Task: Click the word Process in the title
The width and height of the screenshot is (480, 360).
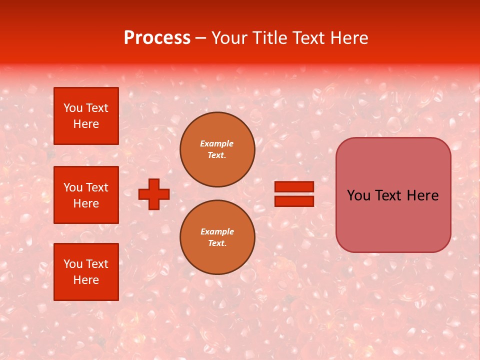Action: [x=157, y=38]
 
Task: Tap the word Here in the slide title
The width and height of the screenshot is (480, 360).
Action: [x=347, y=38]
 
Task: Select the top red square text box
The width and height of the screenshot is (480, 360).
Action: [x=86, y=116]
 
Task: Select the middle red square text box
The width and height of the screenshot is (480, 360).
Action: [x=86, y=195]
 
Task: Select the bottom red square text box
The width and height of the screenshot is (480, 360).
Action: [x=86, y=272]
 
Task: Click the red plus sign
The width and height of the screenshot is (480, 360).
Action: [x=154, y=194]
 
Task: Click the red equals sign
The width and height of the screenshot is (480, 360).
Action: [x=294, y=194]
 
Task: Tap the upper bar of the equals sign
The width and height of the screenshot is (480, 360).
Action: [x=294, y=186]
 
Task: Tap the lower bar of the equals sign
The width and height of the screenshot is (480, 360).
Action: [x=294, y=201]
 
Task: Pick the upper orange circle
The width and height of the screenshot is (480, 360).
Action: [x=217, y=149]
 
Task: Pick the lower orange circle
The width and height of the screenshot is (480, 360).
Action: [x=217, y=237]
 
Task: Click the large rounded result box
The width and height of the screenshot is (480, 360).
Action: [x=393, y=195]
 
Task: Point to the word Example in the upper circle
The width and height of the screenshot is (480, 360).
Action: [x=217, y=143]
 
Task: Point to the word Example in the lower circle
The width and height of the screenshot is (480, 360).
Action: [x=217, y=231]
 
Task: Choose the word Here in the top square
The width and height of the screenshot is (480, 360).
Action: [x=86, y=124]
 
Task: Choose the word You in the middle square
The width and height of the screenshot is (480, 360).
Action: [x=73, y=187]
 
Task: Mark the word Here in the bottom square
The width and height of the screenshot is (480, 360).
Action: [x=86, y=280]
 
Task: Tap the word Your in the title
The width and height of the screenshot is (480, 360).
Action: [x=229, y=38]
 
